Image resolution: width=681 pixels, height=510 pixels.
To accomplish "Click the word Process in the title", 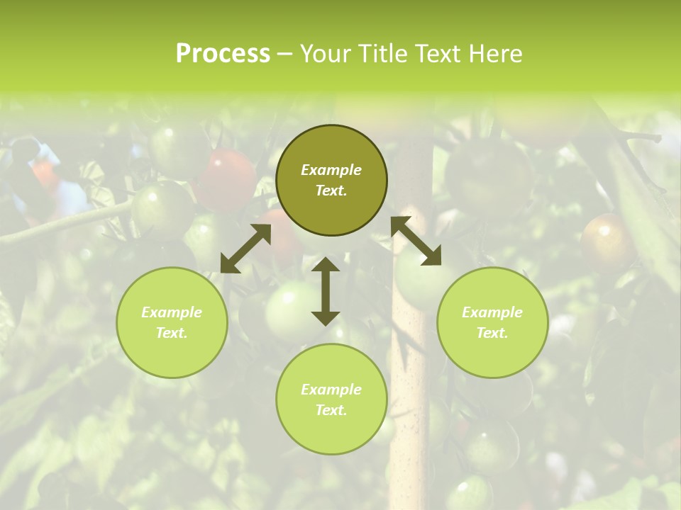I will coord(223,54).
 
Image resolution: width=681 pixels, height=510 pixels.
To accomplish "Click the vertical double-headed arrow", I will coord(326,291).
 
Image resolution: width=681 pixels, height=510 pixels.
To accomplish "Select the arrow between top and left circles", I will coord(245,249).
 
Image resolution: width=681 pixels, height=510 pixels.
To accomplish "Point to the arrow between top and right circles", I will coord(416,241).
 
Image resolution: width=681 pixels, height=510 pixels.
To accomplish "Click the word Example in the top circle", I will coord(331,170).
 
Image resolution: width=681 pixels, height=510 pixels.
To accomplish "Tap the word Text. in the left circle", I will coord(172,333).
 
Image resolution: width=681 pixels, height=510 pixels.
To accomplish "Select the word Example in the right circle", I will coord(492,312).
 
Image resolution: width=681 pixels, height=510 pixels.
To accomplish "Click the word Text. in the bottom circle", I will coord(331,410).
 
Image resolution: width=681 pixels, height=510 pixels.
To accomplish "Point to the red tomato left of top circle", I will coord(227,177).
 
